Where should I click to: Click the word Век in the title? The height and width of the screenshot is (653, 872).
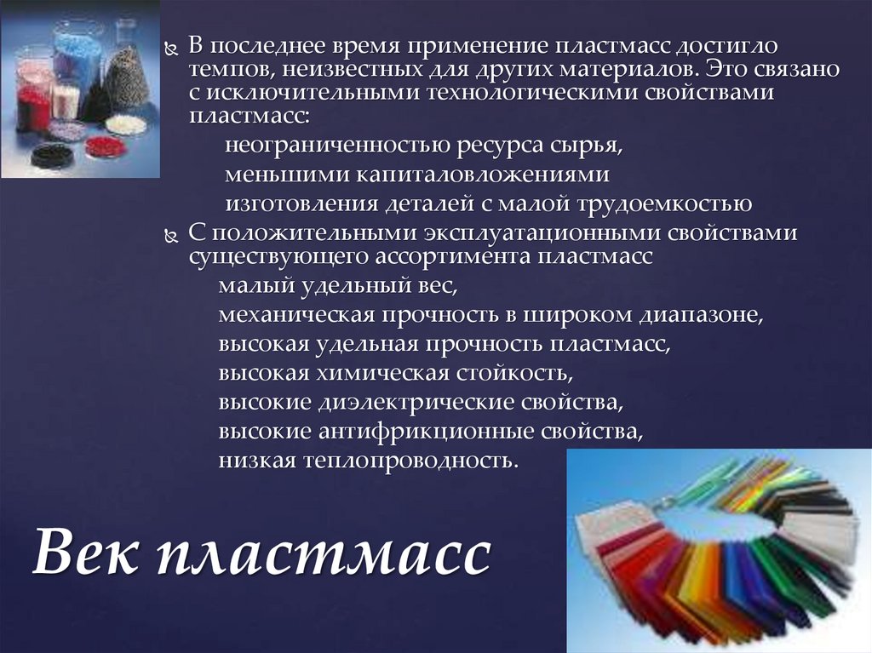pyautogui.click(x=85, y=551)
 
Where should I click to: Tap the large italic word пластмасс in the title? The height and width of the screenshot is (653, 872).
pyautogui.click(x=324, y=554)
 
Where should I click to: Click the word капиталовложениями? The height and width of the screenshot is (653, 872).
pyautogui.click(x=483, y=175)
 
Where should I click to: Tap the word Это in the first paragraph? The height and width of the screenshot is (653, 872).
pyautogui.click(x=724, y=69)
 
